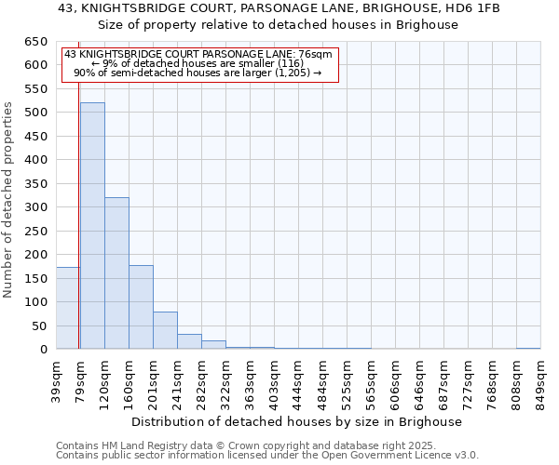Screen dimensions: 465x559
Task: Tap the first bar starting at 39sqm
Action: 68,308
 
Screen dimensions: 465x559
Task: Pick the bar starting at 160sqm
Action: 141,307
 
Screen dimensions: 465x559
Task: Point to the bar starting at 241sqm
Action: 189,341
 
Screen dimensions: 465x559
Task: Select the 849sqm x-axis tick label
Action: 540,381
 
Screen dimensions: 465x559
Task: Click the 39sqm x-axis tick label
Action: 56,381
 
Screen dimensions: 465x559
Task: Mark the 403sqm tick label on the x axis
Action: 274,381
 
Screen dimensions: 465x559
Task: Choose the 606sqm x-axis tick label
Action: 395,381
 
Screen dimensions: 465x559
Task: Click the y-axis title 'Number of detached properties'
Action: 9,200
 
